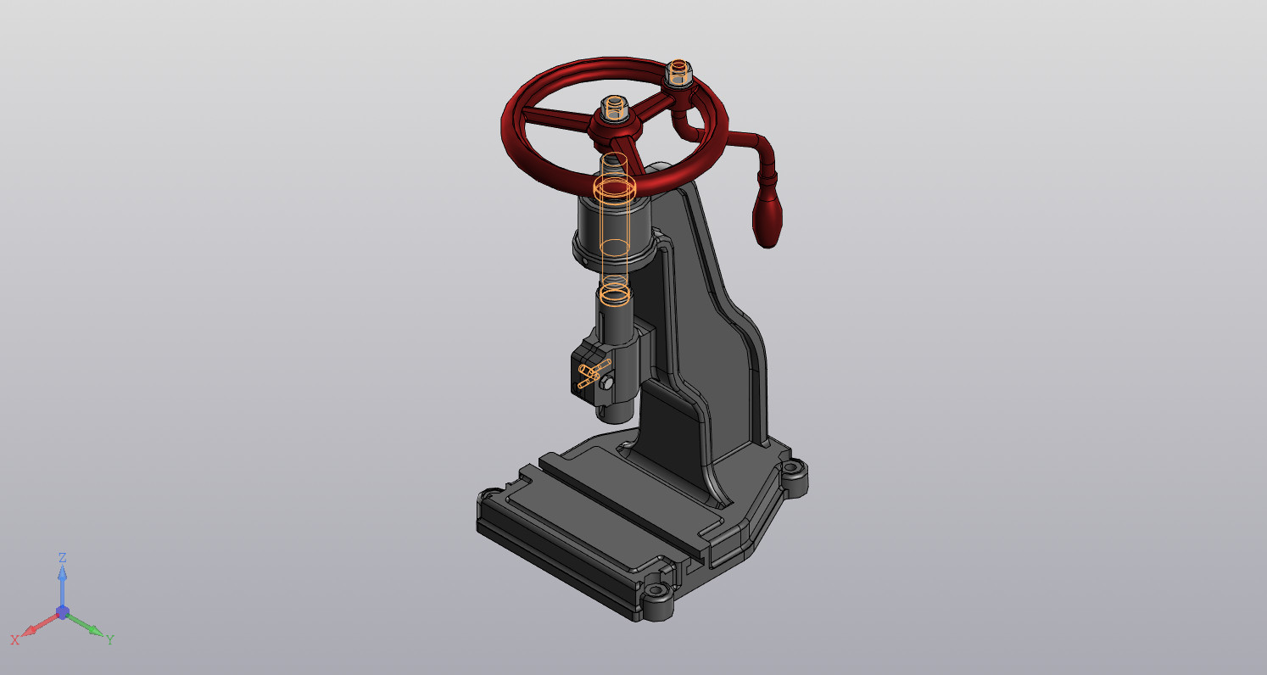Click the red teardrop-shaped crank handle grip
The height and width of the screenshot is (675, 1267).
(x=767, y=221)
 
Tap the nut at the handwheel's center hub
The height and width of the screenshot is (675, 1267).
(x=615, y=109)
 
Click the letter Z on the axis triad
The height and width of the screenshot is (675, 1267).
(x=63, y=557)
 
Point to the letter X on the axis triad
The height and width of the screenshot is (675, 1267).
(x=14, y=640)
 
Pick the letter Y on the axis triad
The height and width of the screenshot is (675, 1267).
(x=110, y=640)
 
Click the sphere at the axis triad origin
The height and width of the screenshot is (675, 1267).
(x=63, y=612)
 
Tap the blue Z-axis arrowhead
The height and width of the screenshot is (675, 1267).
(x=63, y=572)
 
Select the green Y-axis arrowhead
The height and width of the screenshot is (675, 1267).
(x=95, y=630)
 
